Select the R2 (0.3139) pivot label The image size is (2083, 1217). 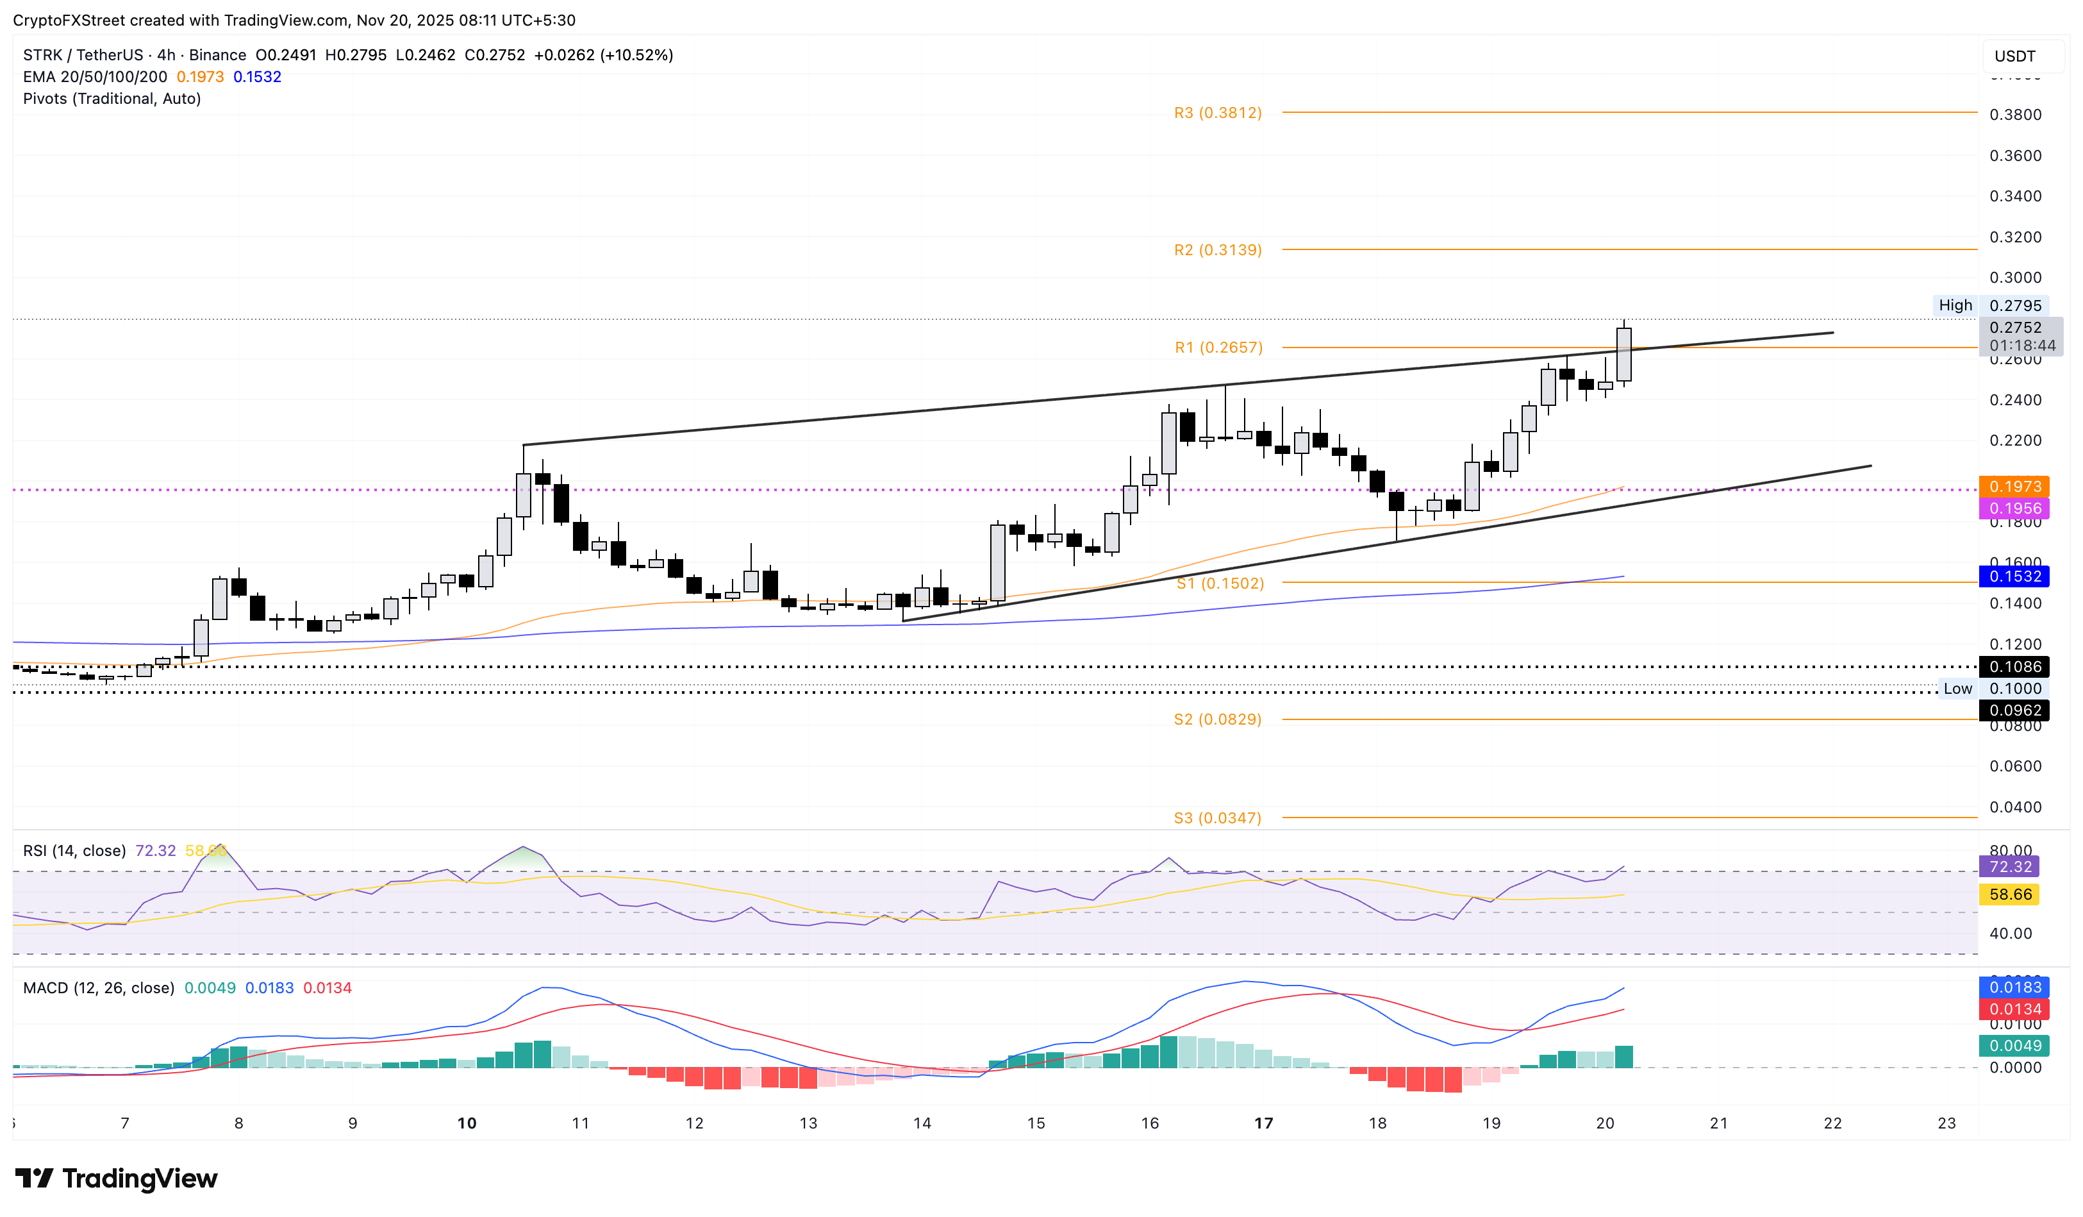1218,249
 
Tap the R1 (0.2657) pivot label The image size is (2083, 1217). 1218,348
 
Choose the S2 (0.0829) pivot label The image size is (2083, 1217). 1218,719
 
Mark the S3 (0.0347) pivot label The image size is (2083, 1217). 1218,818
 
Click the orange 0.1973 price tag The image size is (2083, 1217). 2014,486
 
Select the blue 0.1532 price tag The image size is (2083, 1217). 2014,576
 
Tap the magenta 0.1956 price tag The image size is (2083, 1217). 2014,508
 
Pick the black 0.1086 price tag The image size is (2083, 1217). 2014,666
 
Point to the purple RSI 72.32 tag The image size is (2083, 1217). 2009,866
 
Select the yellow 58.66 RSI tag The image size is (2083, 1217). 2009,894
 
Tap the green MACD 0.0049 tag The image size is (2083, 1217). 2014,1046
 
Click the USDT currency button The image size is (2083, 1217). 2014,56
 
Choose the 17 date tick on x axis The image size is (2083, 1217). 1263,1123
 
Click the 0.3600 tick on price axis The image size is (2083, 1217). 2014,155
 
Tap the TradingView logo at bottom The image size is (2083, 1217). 117,1178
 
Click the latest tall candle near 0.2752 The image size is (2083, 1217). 1623,354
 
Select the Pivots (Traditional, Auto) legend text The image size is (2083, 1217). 112,98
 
